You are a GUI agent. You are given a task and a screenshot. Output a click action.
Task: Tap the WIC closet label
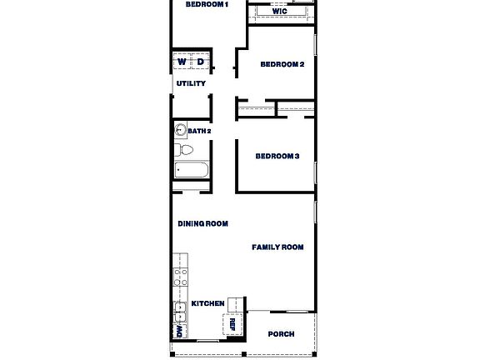pos(280,12)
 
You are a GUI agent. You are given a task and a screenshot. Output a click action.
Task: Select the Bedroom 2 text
pos(282,64)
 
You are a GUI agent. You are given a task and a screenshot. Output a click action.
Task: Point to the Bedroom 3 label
pos(277,156)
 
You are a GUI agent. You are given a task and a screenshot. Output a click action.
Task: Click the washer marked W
pos(182,62)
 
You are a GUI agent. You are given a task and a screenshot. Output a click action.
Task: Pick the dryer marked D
pos(200,62)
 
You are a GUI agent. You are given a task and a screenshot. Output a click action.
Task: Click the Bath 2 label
pos(199,131)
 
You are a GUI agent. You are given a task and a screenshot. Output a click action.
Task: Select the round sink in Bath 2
pos(180,130)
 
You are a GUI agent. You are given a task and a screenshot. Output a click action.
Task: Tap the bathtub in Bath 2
pos(192,170)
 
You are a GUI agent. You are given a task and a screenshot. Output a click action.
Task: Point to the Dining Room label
pos(203,223)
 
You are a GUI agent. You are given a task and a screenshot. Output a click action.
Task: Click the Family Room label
pos(278,247)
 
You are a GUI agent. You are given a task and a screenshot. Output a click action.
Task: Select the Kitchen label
pos(207,304)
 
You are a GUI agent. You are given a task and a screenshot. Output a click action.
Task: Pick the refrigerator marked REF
pos(233,326)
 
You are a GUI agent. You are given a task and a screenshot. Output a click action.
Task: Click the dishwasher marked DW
pos(178,331)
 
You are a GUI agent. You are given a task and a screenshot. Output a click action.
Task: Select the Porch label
pos(281,334)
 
